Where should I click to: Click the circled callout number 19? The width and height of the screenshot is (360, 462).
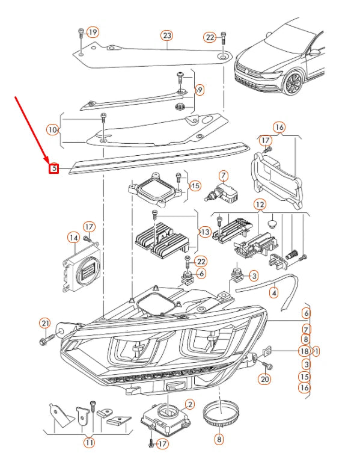93,31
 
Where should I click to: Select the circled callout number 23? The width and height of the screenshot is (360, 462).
166,35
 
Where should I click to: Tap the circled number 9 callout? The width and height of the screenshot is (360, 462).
200,90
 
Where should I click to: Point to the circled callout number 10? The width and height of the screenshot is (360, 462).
53,129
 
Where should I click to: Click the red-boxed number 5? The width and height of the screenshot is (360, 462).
53,168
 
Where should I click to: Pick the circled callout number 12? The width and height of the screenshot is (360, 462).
259,205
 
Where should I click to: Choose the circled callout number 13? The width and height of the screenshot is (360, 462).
205,232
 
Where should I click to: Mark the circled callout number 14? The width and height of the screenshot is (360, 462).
73,238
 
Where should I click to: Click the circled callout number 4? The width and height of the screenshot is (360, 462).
274,293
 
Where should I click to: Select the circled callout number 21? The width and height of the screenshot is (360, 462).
44,323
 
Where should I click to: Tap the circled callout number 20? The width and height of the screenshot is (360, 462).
264,379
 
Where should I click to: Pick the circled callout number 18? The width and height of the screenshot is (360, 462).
304,351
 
